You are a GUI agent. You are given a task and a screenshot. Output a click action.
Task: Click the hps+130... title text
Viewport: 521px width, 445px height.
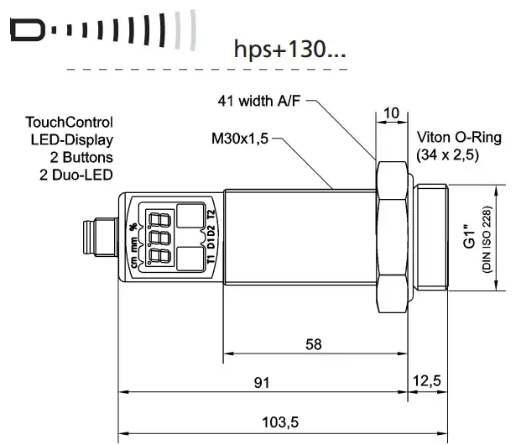click(x=289, y=48)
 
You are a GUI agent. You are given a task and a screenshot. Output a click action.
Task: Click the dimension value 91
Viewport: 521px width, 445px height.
click(x=263, y=383)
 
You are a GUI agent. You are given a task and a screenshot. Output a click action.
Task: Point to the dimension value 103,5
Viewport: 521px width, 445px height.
click(x=282, y=421)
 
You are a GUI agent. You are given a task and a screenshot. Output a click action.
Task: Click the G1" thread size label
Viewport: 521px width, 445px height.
click(x=469, y=236)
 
